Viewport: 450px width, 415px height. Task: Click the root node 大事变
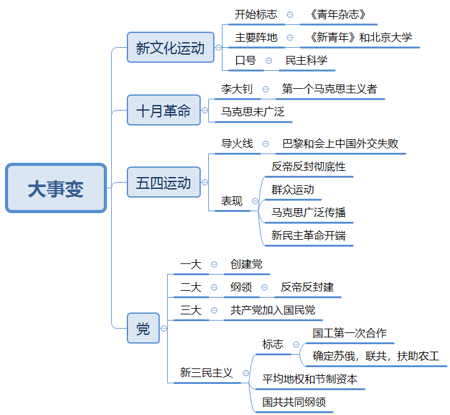[x=56, y=188]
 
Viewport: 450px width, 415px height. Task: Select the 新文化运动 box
[x=170, y=48]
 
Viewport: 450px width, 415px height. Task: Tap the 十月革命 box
[x=164, y=111]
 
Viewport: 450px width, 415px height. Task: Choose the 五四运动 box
[x=163, y=183]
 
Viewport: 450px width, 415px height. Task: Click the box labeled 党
[x=143, y=329]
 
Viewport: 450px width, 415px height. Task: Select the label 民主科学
[x=306, y=60]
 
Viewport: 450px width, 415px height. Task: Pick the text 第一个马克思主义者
[x=329, y=89]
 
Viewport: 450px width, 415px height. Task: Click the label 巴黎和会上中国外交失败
[x=341, y=144]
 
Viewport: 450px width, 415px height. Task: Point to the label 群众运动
[x=293, y=189]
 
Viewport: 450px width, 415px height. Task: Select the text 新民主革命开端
[x=309, y=235]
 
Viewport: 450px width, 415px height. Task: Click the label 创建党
[x=246, y=264]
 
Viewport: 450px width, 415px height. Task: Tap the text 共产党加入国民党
[x=273, y=310]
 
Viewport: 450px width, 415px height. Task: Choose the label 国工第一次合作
[x=350, y=333]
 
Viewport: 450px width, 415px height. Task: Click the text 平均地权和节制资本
[x=310, y=379]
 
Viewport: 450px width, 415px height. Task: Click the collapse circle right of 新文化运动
[x=218, y=48]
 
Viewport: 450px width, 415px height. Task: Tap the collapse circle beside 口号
[x=269, y=60]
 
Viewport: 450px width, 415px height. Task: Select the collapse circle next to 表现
[x=255, y=201]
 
